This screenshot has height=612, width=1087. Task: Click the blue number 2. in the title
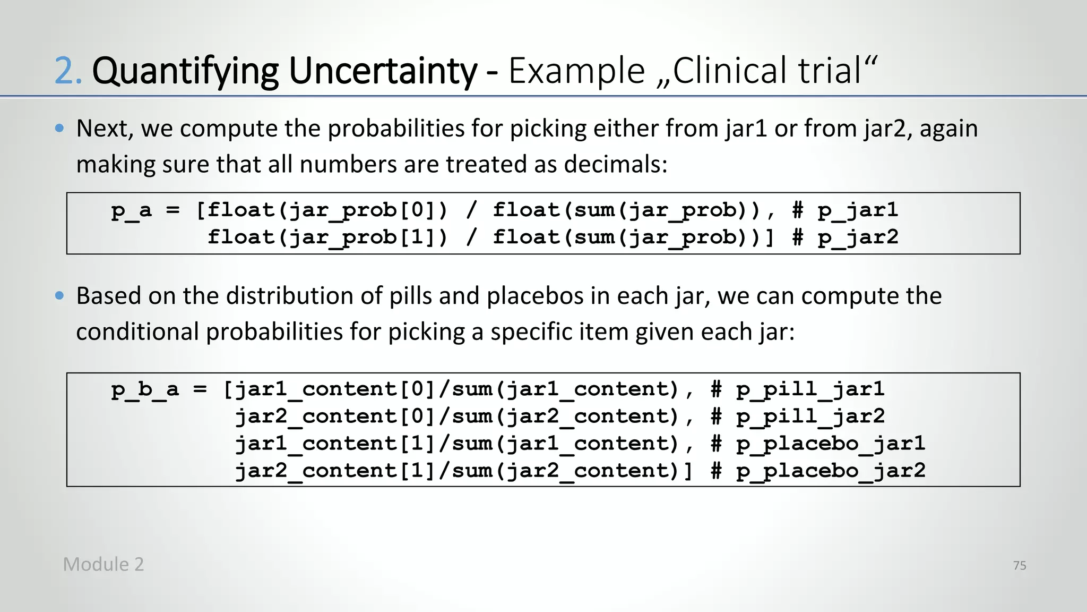(x=68, y=71)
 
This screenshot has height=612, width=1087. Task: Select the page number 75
(x=1019, y=566)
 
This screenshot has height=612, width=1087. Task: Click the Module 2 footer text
(x=103, y=564)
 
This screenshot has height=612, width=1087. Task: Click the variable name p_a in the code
(x=131, y=210)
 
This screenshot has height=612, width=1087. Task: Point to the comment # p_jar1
(x=845, y=210)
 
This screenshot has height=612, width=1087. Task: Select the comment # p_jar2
(x=845, y=237)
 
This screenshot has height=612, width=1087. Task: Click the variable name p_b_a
(x=144, y=389)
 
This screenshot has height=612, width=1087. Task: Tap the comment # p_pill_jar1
(x=798, y=389)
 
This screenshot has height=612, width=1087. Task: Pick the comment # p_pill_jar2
(x=798, y=416)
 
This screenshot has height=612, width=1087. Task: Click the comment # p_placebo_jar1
(x=818, y=444)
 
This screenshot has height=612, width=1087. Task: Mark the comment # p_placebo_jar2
(x=818, y=471)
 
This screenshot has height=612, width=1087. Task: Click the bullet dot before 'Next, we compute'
(x=59, y=128)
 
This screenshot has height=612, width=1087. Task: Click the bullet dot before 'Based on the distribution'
(x=59, y=295)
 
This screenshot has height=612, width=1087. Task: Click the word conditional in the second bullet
(x=137, y=331)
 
